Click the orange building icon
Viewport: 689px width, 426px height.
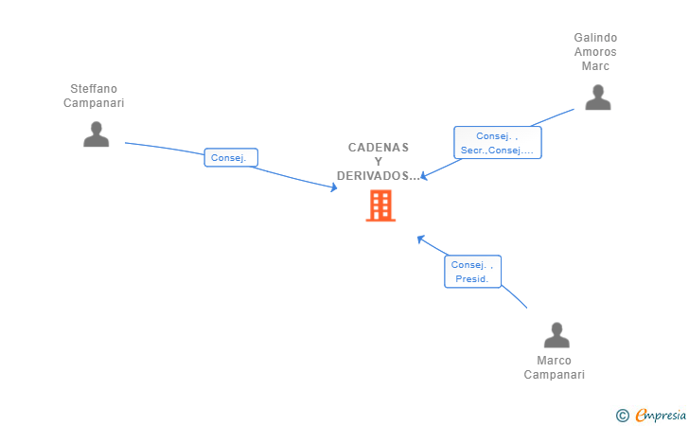pos(380,205)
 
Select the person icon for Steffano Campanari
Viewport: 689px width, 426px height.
pos(96,134)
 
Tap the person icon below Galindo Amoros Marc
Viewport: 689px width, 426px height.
pos(597,98)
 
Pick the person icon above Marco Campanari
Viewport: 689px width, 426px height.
pos(556,335)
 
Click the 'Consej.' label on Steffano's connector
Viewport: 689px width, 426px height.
pos(231,158)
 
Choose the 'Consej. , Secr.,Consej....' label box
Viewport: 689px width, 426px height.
pos(497,143)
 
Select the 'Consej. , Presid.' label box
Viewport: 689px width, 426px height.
pos(472,272)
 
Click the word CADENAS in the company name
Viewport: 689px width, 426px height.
pos(379,148)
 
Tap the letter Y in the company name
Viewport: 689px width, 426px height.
pos(379,162)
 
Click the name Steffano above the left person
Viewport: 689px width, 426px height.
pos(93,89)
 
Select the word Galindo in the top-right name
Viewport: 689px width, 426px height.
pos(595,38)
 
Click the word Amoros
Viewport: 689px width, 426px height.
pos(595,52)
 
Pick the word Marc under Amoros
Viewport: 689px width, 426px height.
pos(595,66)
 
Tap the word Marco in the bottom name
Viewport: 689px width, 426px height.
pos(554,361)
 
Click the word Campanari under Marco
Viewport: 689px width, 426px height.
pos(554,375)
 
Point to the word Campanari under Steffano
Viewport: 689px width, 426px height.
pos(93,103)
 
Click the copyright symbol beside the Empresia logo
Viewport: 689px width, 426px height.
pos(622,415)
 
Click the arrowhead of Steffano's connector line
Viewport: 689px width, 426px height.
pos(333,187)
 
